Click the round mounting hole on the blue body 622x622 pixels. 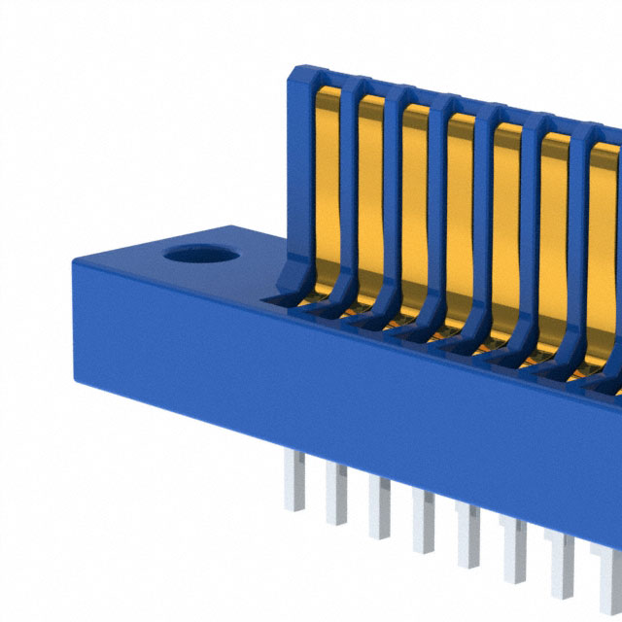coord(201,256)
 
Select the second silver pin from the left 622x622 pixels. coord(336,492)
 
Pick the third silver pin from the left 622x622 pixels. coord(379,505)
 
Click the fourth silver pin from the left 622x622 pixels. coord(424,519)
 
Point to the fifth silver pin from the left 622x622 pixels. coord(467,535)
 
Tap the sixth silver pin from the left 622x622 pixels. coord(512,552)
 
